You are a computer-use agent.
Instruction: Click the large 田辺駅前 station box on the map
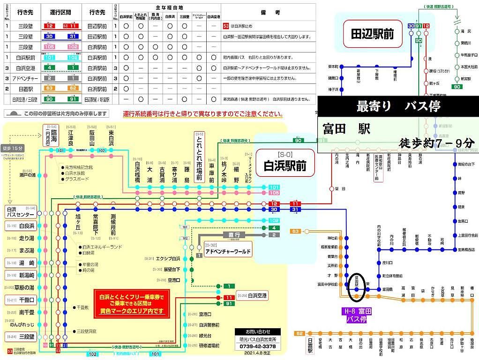click(x=373, y=33)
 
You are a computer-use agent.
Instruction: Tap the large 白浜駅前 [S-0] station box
click(x=284, y=162)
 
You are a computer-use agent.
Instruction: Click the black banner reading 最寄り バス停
click(x=398, y=106)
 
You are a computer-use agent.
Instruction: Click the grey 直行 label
click(x=234, y=235)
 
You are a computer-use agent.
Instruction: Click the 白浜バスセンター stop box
click(x=20, y=211)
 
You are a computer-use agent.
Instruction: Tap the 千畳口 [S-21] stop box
click(x=21, y=300)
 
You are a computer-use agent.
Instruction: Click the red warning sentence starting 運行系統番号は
click(x=202, y=114)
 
